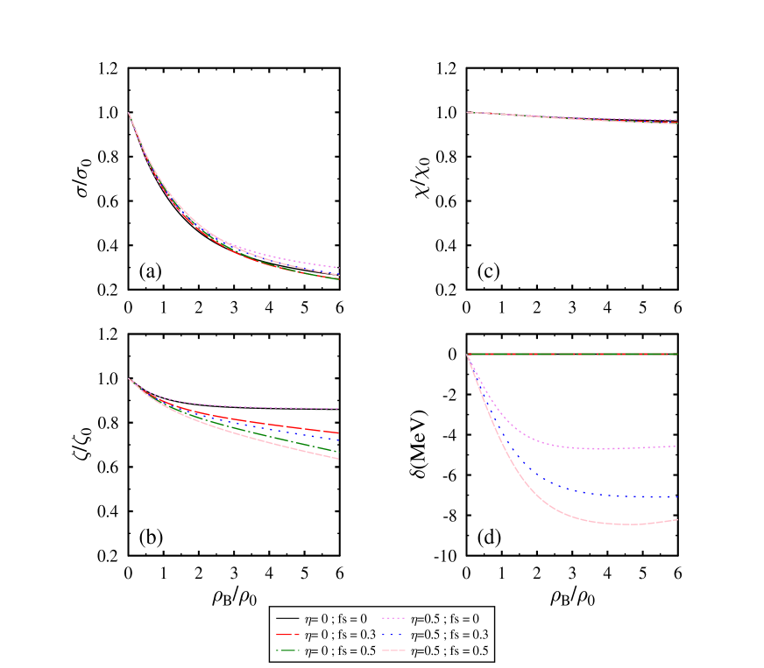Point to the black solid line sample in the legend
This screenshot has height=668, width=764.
tap(286, 619)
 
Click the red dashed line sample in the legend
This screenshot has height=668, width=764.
tap(286, 635)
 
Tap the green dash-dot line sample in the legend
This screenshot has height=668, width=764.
tap(286, 651)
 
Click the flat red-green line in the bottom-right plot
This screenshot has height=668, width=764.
tap(569, 354)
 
